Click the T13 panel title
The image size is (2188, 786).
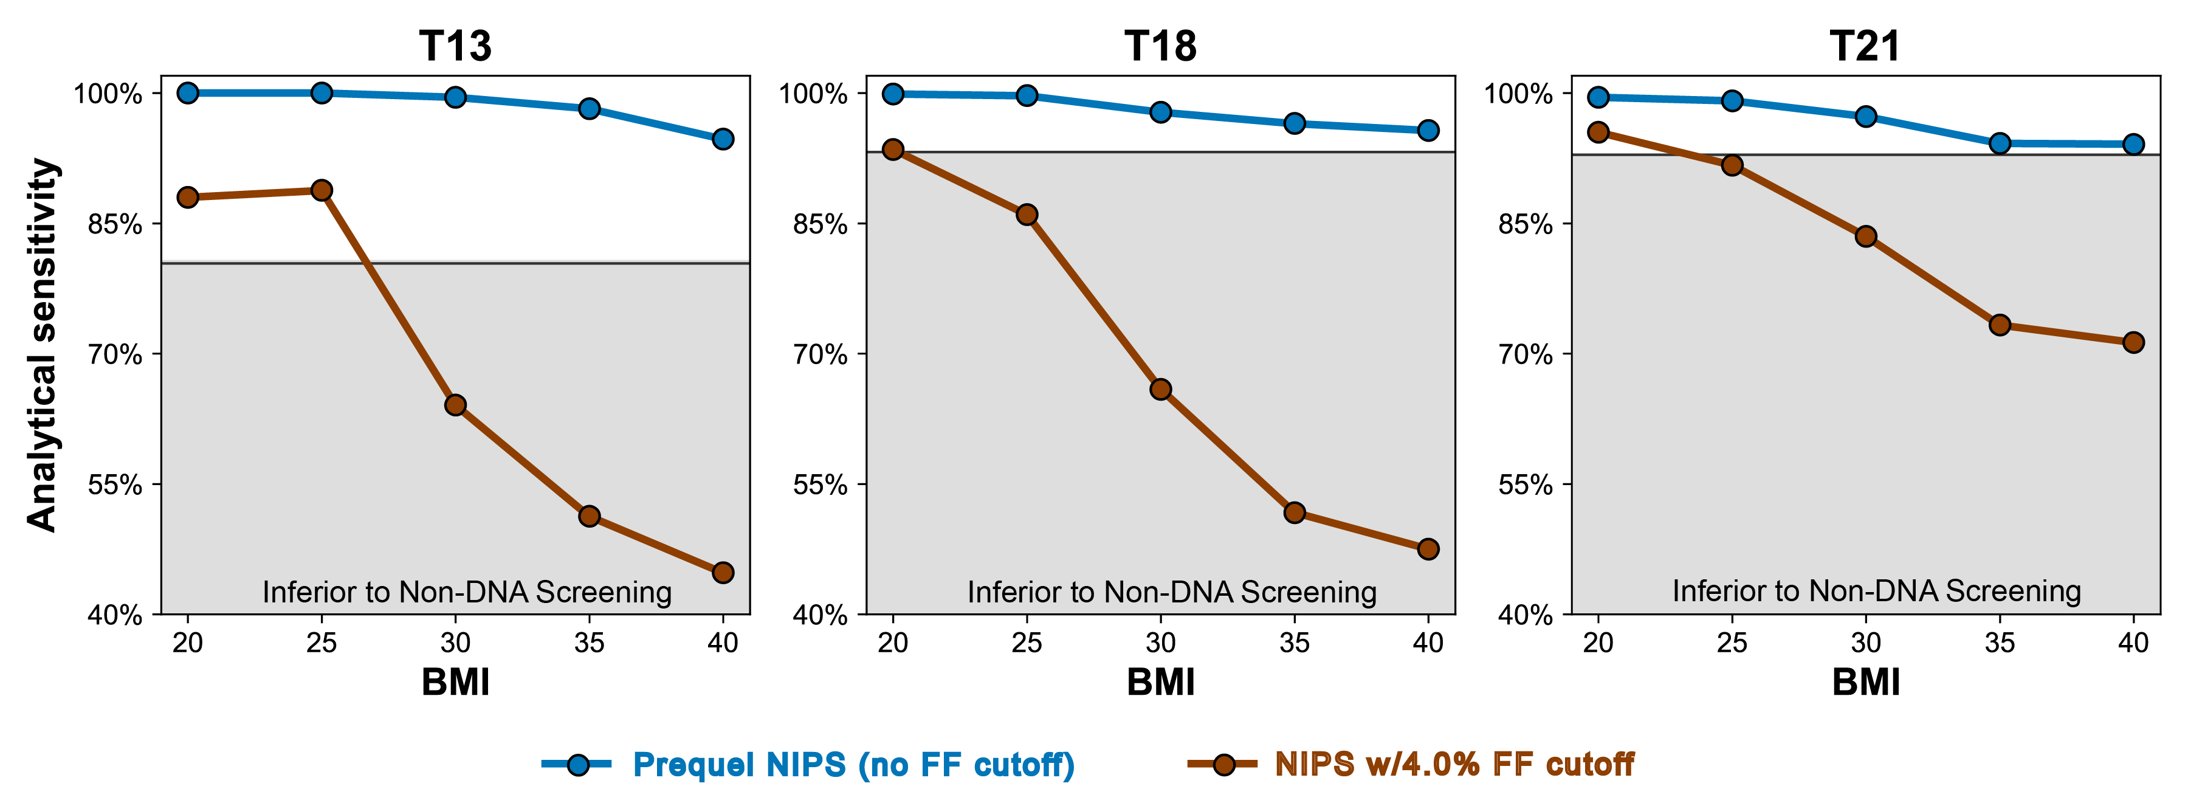click(455, 46)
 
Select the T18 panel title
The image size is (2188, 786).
click(1160, 46)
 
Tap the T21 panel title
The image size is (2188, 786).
click(1865, 46)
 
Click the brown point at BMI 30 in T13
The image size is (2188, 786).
click(455, 404)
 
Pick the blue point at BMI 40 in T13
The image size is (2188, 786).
click(723, 139)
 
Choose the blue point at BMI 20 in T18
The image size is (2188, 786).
click(893, 94)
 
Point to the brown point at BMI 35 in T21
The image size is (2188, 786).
click(2000, 325)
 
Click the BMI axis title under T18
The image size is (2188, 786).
click(1160, 682)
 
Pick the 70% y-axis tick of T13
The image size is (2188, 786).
click(115, 354)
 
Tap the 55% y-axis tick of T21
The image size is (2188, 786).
click(1526, 484)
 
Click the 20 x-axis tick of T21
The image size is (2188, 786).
click(1598, 643)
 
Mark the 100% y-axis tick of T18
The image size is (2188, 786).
click(813, 94)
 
